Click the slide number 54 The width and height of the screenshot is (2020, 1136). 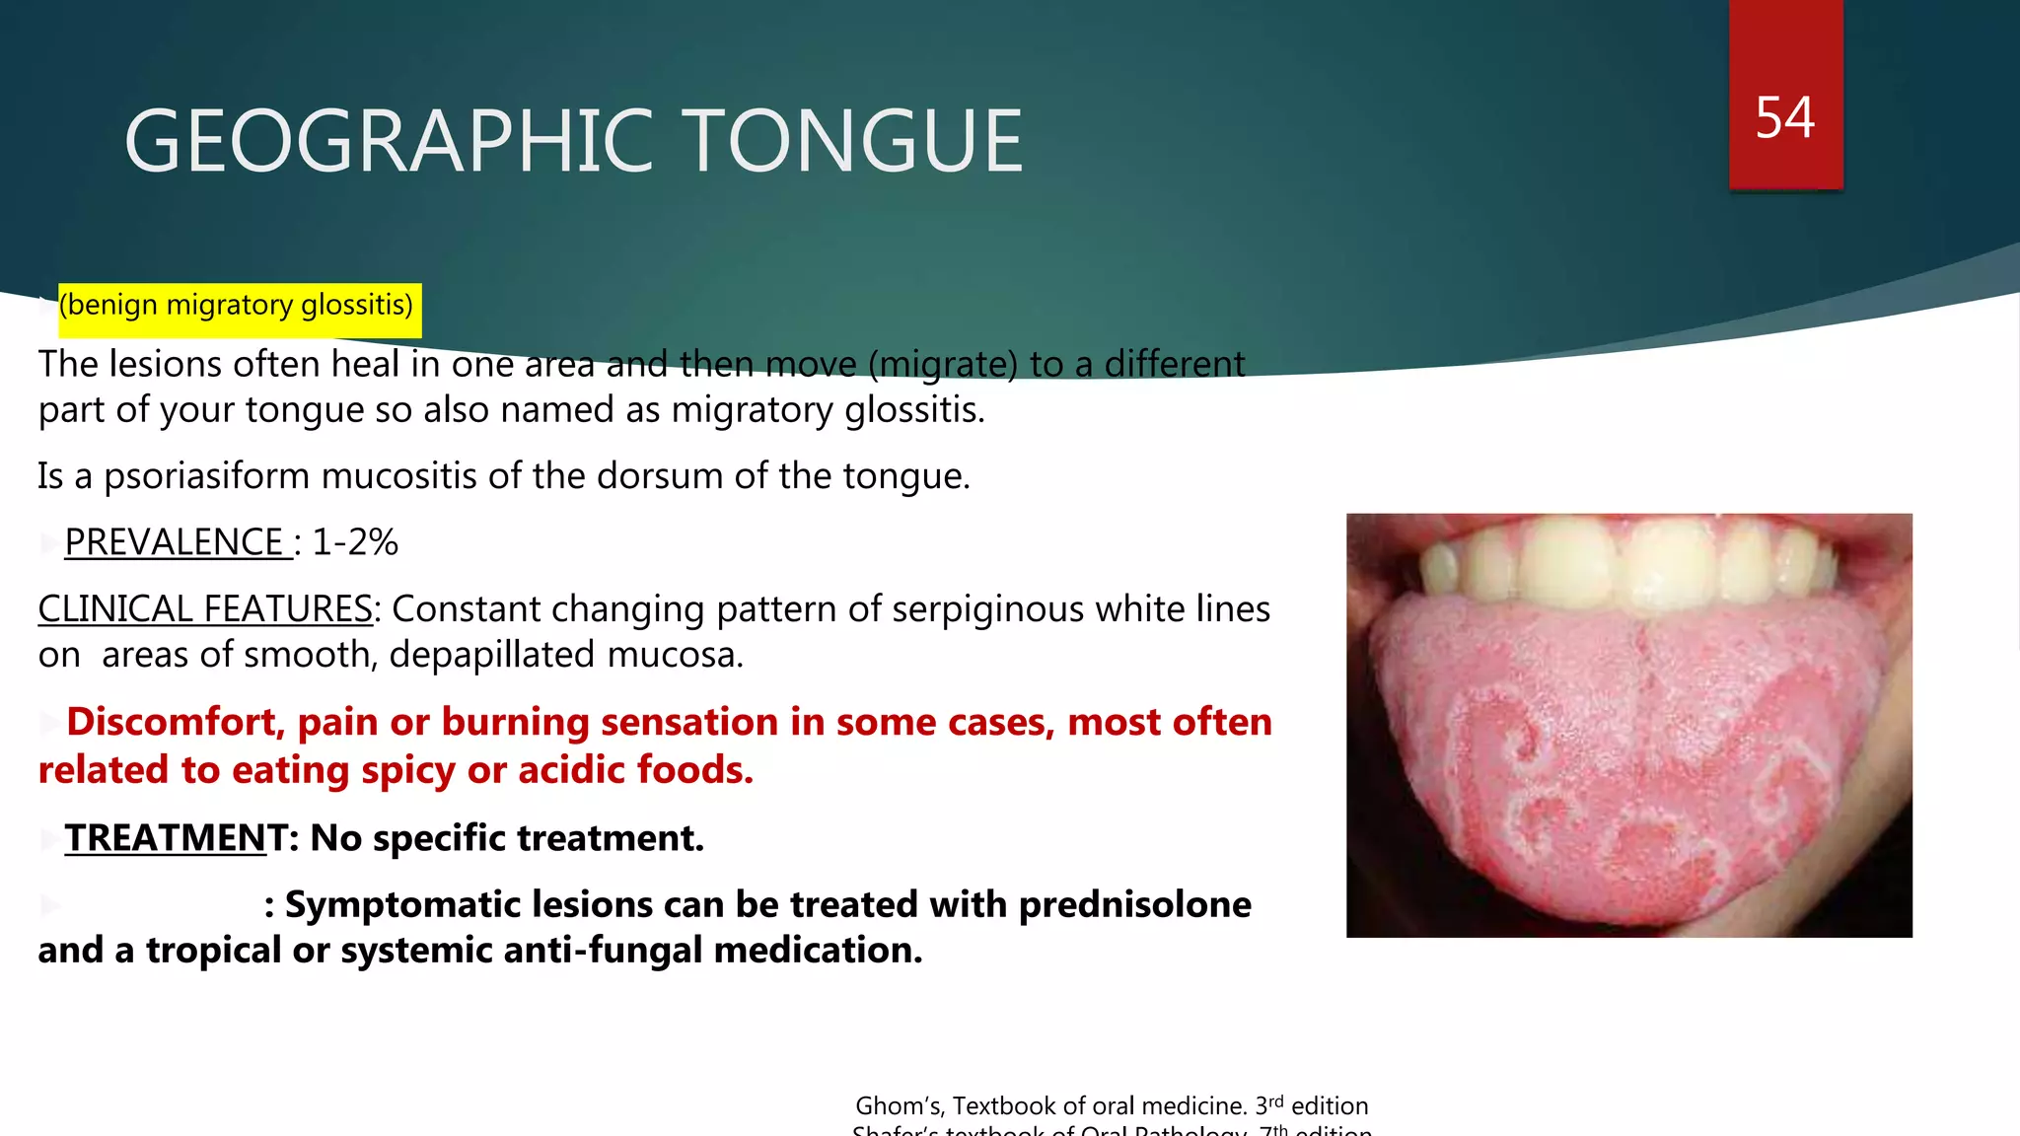tap(1784, 118)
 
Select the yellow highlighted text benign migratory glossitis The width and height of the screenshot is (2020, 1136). tap(237, 305)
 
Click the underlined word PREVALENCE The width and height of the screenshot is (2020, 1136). tap(175, 542)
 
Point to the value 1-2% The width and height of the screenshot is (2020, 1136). tap(355, 542)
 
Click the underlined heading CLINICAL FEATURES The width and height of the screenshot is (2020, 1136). tap(205, 609)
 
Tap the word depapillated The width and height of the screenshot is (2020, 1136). tap(492, 655)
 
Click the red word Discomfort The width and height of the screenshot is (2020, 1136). tap(175, 722)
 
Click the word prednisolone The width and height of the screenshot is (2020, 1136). tap(1134, 904)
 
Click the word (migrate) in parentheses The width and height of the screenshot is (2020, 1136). tap(943, 365)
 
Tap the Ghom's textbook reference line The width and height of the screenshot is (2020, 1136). tap(1112, 1105)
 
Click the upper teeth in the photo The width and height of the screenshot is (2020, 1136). tap(1627, 562)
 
